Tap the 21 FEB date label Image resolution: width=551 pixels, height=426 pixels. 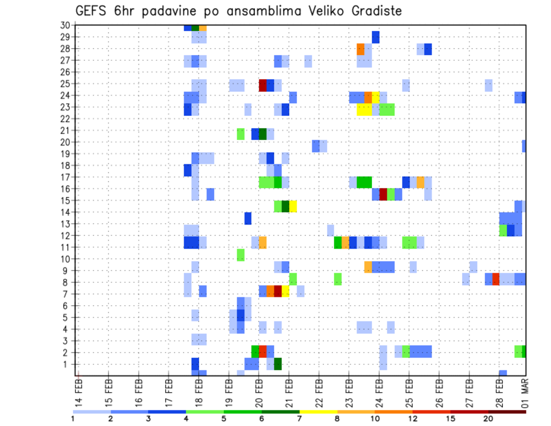(289, 392)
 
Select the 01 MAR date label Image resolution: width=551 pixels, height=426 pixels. (525, 392)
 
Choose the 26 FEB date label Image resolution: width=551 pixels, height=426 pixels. (440, 392)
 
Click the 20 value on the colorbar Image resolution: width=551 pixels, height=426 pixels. (488, 419)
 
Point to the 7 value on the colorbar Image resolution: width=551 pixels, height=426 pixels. (300, 419)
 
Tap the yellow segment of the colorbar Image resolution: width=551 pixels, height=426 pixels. (318, 411)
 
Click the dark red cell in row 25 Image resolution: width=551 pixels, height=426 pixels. (263, 85)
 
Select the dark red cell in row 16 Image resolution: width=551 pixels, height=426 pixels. (383, 194)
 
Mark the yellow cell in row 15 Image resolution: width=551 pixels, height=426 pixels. (293, 206)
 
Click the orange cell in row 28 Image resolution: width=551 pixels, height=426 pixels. (360, 49)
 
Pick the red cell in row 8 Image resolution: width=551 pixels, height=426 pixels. (496, 279)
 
